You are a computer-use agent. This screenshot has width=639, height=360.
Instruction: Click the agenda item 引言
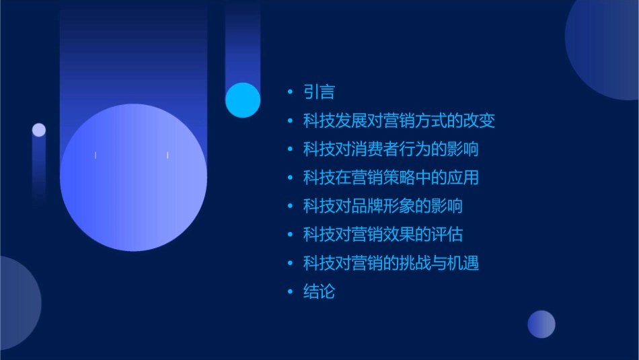click(x=319, y=92)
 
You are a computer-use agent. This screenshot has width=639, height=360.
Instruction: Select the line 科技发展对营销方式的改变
click(x=399, y=121)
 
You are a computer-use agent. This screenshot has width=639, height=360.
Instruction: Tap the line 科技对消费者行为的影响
click(x=391, y=149)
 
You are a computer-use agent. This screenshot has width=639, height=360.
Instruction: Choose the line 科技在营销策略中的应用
click(x=391, y=178)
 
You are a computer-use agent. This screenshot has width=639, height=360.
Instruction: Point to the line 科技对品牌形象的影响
click(x=383, y=206)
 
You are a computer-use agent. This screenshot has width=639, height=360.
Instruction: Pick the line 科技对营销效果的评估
click(x=383, y=235)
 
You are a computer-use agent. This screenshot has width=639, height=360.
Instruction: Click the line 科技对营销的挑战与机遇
click(x=391, y=263)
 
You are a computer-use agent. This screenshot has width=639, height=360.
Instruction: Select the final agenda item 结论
click(x=319, y=292)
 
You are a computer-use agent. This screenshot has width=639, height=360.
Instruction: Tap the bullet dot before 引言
click(x=290, y=92)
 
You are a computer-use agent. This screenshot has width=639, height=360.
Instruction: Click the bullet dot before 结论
click(x=290, y=292)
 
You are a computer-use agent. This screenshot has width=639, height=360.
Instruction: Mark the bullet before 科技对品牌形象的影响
click(x=290, y=206)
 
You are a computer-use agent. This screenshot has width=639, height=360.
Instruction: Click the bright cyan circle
click(x=243, y=100)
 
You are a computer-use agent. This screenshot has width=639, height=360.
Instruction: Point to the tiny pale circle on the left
click(x=39, y=130)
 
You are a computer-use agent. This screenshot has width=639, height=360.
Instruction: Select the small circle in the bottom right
click(x=541, y=324)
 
